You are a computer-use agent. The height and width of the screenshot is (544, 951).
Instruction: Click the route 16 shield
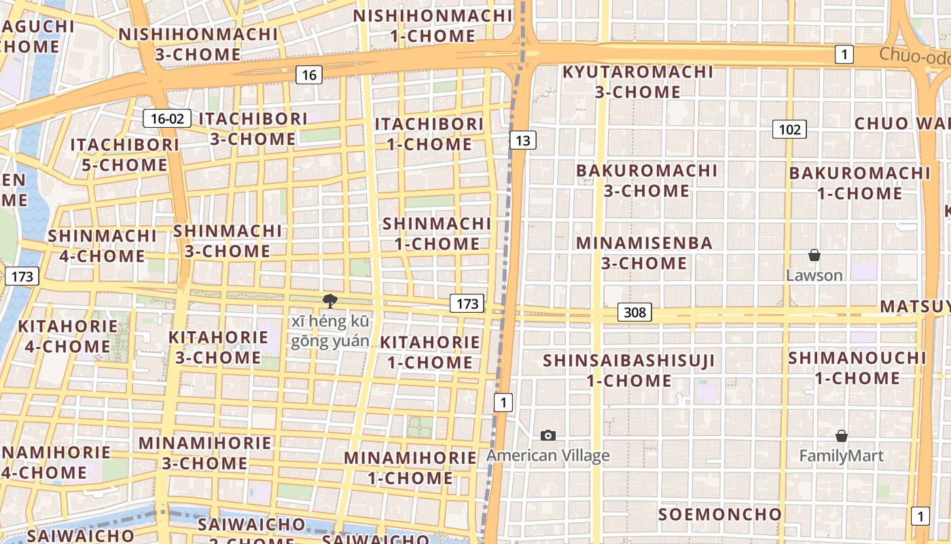(309, 75)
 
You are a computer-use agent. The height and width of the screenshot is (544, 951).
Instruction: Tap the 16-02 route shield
(167, 118)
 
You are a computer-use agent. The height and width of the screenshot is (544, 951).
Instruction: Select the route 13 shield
(522, 141)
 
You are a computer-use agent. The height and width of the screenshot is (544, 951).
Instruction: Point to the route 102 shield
(789, 129)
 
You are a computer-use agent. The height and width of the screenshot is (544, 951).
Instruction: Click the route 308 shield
(634, 312)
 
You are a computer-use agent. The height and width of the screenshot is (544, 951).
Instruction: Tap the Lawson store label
(814, 275)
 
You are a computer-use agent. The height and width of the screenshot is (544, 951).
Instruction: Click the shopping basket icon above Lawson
(814, 256)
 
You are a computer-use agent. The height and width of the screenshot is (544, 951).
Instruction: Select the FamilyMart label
(841, 456)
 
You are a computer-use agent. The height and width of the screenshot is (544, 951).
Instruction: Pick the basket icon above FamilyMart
(841, 436)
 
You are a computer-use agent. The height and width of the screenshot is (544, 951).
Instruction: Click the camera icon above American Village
(548, 435)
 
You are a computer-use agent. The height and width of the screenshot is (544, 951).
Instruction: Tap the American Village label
(548, 456)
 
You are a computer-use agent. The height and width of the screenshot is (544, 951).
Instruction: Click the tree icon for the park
(330, 301)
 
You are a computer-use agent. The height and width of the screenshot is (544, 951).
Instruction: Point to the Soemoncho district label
(720, 514)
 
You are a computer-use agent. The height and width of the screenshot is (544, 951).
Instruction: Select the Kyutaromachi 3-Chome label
(638, 82)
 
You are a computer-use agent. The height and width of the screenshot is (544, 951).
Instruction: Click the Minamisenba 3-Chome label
(644, 253)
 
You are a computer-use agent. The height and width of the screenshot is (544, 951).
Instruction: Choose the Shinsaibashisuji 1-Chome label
(629, 370)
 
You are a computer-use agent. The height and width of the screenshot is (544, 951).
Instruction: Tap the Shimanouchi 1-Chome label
(857, 367)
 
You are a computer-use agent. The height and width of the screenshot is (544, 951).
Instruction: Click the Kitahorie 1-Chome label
(429, 352)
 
